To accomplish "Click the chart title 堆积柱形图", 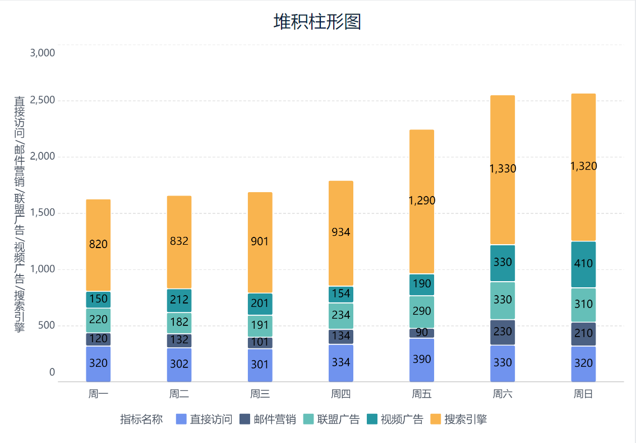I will tap(317, 22).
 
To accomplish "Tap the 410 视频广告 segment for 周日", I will tap(583, 264).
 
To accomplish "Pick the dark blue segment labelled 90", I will tap(422, 333).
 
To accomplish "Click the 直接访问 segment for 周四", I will tap(341, 362).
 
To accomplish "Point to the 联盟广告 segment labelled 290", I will tap(422, 311).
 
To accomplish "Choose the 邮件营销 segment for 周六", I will tap(503, 332).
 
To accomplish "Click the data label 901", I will tap(260, 241).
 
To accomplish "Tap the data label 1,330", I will tap(503, 169).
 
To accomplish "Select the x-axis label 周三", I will tap(260, 394).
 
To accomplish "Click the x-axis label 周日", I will tap(583, 394).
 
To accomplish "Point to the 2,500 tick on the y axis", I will tap(43, 100).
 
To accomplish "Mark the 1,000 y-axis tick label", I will tap(43, 269).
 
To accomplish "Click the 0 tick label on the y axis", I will tap(52, 372).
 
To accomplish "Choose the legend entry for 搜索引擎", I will tap(459, 419).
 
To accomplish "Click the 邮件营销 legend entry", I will tap(268, 419).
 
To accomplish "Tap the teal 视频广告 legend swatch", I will tap(372, 419).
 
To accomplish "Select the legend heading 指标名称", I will tap(141, 419).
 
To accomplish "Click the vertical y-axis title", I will tap(20, 213).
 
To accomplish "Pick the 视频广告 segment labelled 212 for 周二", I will tap(179, 300).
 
